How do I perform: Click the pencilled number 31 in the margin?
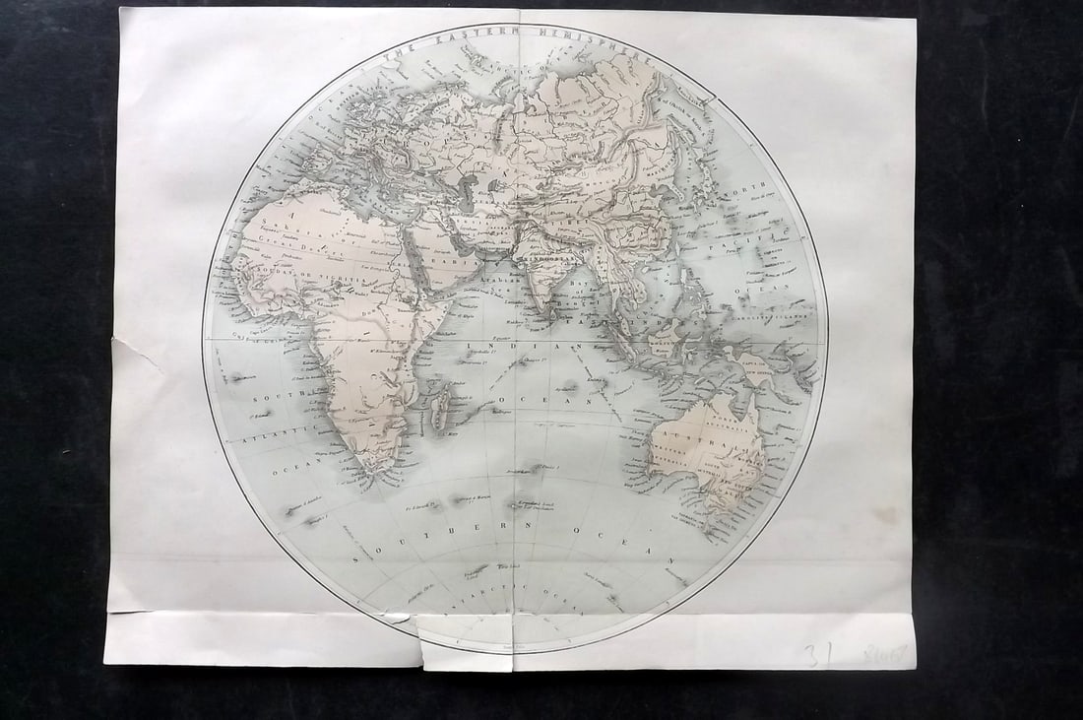point(813,655)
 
